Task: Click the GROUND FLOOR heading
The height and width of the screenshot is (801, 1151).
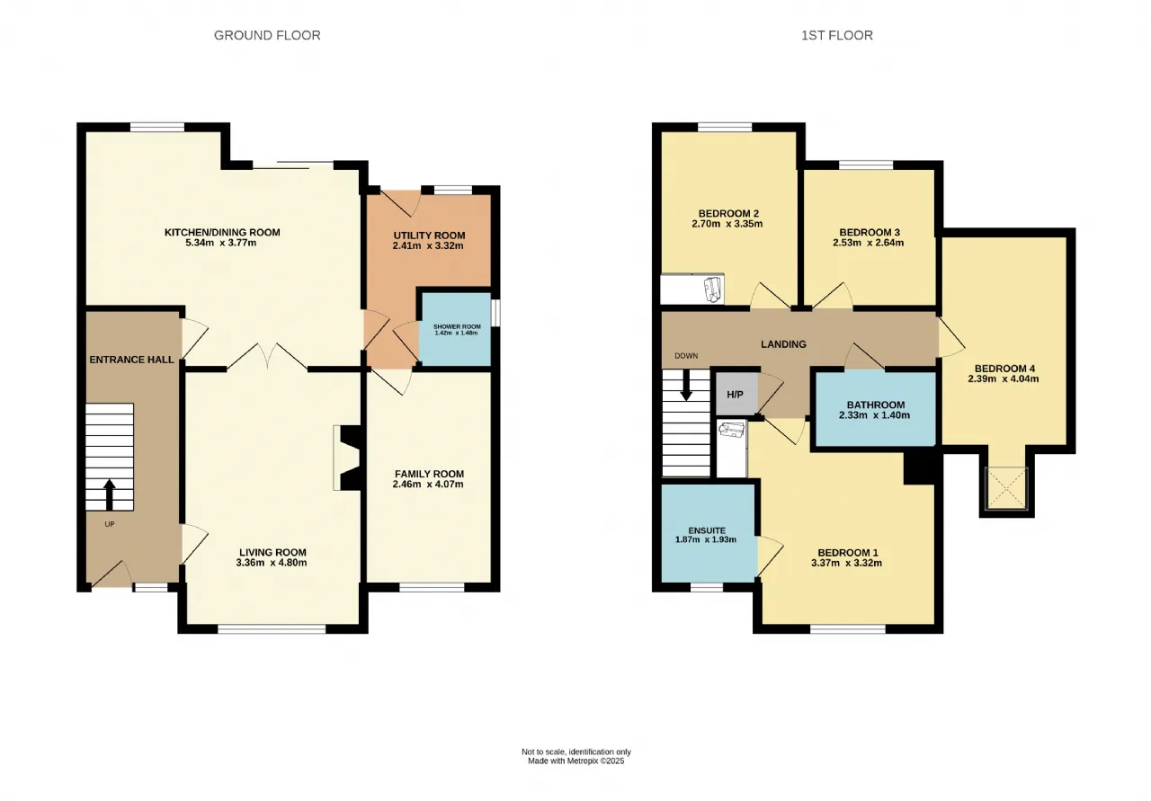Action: [x=267, y=35]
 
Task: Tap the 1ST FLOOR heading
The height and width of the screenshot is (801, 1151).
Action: [x=837, y=35]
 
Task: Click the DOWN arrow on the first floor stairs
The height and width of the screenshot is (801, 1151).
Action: [x=686, y=387]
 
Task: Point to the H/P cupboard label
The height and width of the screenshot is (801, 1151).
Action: [x=735, y=395]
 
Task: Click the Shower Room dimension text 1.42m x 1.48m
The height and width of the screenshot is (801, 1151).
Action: [x=456, y=333]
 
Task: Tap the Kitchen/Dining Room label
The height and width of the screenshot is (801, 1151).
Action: [x=222, y=232]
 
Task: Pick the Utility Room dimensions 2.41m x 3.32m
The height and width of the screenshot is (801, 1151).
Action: [x=428, y=245]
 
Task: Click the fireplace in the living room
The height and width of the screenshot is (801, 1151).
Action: [x=348, y=458]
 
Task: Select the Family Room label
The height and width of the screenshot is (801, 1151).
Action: [x=429, y=474]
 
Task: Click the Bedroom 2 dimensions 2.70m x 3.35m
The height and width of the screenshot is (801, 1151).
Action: [x=727, y=224]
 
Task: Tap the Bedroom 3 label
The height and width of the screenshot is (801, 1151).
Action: [x=870, y=232]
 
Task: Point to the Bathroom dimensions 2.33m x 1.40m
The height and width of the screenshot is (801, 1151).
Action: [x=875, y=415]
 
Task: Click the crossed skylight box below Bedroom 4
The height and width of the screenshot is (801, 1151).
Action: [x=1006, y=489]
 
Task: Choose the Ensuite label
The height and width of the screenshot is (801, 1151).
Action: [x=707, y=530]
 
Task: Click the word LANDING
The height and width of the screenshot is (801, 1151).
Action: [x=783, y=344]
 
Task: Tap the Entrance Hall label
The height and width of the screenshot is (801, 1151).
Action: [x=131, y=360]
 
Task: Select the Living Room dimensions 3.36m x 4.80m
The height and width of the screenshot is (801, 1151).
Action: [x=272, y=563]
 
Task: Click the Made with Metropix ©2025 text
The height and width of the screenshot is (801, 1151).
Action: [x=576, y=761]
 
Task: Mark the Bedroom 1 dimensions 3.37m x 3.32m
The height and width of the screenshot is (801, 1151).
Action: [x=847, y=563]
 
